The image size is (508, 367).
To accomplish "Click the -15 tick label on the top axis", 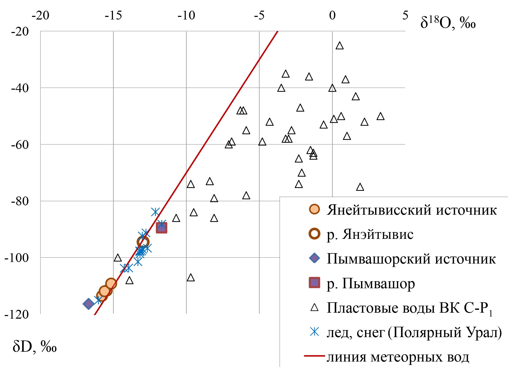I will pyautogui.click(x=113, y=16).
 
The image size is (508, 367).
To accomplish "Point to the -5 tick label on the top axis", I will pyautogui.click(x=259, y=16).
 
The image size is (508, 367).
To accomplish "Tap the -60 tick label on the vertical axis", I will pyautogui.click(x=20, y=145).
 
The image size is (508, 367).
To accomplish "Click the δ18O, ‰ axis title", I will pyautogui.click(x=448, y=23).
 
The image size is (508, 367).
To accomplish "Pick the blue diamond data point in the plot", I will pyautogui.click(x=88, y=304).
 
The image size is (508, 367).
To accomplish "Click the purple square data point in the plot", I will pyautogui.click(x=161, y=228).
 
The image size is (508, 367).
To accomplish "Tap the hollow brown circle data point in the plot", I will pyautogui.click(x=143, y=242).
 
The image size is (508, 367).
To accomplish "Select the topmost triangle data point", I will pyautogui.click(x=339, y=46).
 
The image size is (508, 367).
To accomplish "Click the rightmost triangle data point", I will pyautogui.click(x=381, y=116).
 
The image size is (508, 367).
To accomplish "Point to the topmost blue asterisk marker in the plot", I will pyautogui.click(x=155, y=212).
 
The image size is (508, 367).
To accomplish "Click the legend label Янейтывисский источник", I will pyautogui.click(x=411, y=210).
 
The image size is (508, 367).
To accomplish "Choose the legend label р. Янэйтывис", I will pyautogui.click(x=370, y=234).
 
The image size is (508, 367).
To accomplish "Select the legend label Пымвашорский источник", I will pyautogui.click(x=411, y=259).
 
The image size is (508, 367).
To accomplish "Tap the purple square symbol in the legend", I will pyautogui.click(x=314, y=283).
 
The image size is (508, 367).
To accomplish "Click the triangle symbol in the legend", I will pyautogui.click(x=314, y=307).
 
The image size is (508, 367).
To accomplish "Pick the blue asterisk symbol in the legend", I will pyautogui.click(x=314, y=332).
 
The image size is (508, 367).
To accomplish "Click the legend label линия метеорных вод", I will pyautogui.click(x=398, y=357).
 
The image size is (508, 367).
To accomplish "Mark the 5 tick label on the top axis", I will pyautogui.click(x=405, y=16).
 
